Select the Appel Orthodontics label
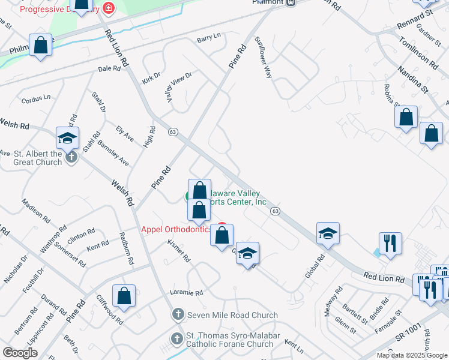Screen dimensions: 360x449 (176, 229)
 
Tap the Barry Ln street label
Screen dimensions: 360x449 (209, 38)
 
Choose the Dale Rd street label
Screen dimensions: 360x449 (109, 69)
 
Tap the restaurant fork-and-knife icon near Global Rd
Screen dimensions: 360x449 (390, 243)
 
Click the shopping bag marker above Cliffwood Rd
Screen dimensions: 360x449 (124, 296)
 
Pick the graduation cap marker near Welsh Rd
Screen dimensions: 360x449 (67, 137)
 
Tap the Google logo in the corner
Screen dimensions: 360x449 (20, 353)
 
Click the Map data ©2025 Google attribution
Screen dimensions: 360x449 (411, 355)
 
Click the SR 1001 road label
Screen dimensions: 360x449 (408, 337)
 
